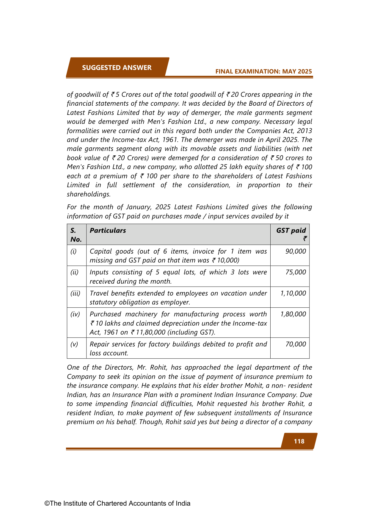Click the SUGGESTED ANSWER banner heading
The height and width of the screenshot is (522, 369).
tap(117, 68)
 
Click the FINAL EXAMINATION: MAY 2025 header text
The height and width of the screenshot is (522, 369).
tap(263, 71)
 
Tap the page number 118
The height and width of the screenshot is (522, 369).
tap(299, 441)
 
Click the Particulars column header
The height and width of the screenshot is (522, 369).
tap(108, 230)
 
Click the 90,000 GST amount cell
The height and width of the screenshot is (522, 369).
tap(296, 251)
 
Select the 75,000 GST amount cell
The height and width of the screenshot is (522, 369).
tap(296, 272)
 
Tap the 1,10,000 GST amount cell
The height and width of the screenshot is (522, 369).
tap(293, 293)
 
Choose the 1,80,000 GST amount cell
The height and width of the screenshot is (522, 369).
tap(293, 314)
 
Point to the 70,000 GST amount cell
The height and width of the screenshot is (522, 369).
tap(296, 344)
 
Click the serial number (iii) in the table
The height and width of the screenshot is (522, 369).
tap(75, 293)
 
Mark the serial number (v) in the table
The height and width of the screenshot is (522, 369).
tap(74, 344)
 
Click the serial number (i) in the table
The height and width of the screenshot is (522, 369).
tap(73, 251)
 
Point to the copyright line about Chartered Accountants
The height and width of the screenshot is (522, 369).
tap(117, 503)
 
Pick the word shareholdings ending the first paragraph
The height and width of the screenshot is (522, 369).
tap(89, 194)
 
